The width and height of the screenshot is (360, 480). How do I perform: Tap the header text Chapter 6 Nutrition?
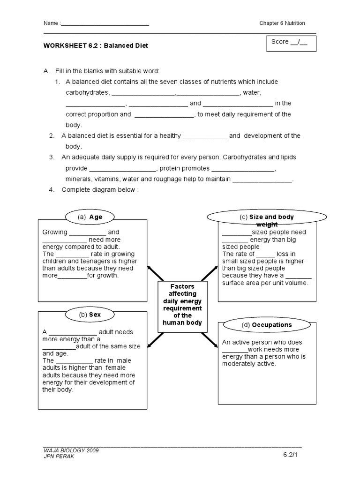[x=282, y=23]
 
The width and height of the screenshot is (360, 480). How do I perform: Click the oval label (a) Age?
[x=90, y=217]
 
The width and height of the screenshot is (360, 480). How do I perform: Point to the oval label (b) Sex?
[x=90, y=315]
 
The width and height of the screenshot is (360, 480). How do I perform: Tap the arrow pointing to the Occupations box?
[x=210, y=339]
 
